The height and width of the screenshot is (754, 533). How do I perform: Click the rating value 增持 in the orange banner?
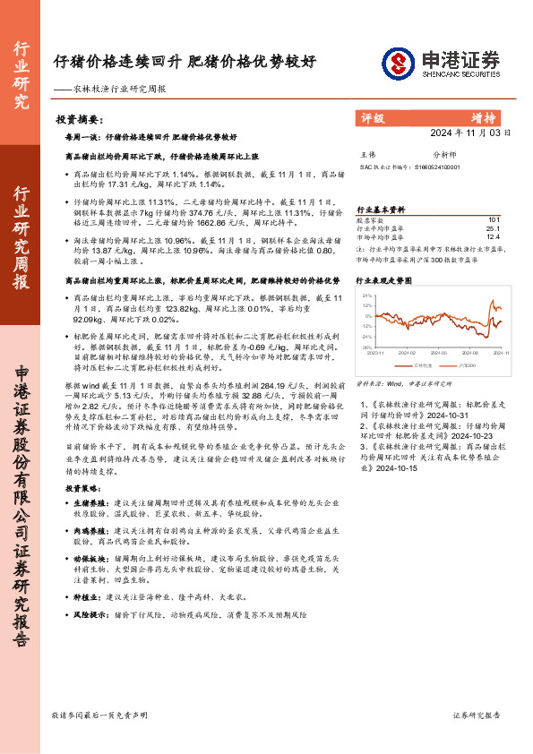pos(484,117)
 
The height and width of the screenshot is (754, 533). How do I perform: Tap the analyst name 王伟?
pos(366,155)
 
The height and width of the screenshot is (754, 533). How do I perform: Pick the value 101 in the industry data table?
pos(494,219)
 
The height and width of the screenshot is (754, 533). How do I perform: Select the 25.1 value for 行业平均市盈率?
pos(493,228)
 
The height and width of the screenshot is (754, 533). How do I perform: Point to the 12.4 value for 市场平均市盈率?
pos(493,237)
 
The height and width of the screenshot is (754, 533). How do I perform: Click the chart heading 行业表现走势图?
pos(384,280)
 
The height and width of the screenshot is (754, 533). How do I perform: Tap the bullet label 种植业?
pos(85,595)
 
